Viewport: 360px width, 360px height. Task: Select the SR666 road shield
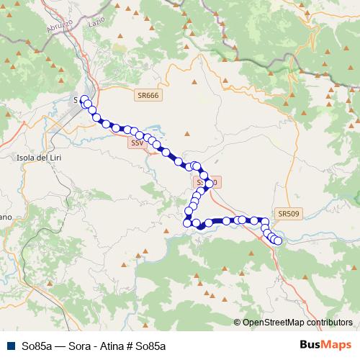(x=147, y=94)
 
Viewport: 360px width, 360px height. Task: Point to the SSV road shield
(x=137, y=143)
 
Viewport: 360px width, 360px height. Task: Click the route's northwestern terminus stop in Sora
(x=84, y=99)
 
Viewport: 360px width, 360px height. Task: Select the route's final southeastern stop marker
(x=278, y=240)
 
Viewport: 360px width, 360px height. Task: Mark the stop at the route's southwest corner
(x=187, y=222)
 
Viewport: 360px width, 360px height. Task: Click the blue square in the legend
(x=11, y=345)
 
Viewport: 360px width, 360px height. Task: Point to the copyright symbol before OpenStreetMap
(x=237, y=323)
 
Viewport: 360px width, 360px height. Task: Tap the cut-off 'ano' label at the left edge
(x=5, y=216)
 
